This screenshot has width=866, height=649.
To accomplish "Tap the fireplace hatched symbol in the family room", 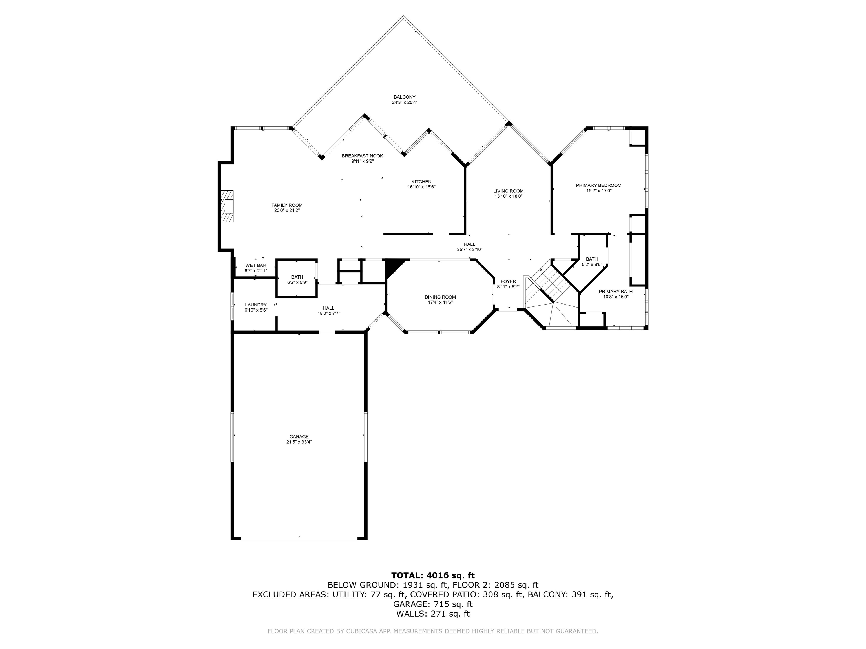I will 227,206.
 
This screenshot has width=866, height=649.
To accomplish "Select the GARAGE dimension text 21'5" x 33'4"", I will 299,442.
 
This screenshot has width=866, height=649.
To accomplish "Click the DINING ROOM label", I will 440,297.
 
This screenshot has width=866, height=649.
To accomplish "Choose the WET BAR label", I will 256,266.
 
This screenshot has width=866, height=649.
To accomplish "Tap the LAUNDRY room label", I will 256,305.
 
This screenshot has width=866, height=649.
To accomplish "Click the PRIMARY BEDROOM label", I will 598,185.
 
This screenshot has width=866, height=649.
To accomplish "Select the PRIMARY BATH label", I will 615,292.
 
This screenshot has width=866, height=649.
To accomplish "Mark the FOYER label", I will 508,281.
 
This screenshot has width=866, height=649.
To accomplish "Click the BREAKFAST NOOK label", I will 362,156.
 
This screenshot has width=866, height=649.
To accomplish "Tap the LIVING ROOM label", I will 508,191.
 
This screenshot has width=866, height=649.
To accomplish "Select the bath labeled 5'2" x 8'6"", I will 591,261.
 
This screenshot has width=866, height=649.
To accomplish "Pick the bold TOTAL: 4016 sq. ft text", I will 433,575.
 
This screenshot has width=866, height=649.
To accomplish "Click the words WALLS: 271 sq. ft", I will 433,614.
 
